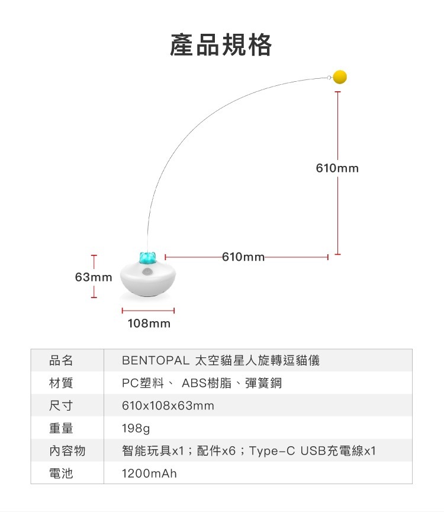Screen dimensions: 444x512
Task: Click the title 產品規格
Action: click(x=221, y=45)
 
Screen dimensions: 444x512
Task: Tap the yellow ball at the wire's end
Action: click(x=340, y=77)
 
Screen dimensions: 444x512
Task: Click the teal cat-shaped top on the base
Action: click(x=147, y=257)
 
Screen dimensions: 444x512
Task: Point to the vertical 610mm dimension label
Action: click(x=337, y=168)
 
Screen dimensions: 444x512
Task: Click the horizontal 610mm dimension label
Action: click(x=243, y=257)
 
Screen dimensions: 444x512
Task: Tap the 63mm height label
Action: click(x=94, y=277)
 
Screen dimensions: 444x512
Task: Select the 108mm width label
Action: click(x=149, y=324)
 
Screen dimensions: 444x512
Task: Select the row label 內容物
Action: click(x=67, y=451)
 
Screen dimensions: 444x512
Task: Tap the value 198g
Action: click(x=136, y=428)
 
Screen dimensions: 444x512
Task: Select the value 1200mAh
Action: click(x=149, y=473)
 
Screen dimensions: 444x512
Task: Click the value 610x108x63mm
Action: click(x=168, y=405)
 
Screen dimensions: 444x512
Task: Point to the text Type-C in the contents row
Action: click(x=272, y=451)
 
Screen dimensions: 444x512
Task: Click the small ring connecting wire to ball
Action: click(x=329, y=77)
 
